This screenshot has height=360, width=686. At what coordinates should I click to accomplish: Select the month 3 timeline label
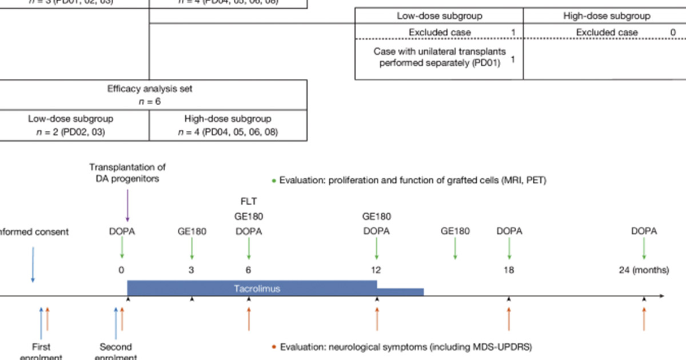click(191, 270)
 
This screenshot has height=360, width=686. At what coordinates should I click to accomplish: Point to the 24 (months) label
click(644, 270)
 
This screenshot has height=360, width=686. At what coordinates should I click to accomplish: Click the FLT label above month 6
click(248, 202)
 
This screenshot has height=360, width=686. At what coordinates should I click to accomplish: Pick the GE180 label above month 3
click(192, 231)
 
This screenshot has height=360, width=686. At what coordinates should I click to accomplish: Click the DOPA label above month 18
click(509, 231)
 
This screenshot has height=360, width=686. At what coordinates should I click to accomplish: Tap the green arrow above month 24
click(644, 249)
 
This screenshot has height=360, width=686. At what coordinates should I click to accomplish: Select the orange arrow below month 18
click(509, 319)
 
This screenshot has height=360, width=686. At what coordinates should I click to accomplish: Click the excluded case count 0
click(673, 33)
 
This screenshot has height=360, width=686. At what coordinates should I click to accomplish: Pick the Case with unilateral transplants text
click(437, 57)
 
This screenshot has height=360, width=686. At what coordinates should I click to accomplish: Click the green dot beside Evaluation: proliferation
click(274, 181)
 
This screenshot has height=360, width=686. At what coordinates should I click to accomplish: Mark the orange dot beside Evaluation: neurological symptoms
click(274, 346)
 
